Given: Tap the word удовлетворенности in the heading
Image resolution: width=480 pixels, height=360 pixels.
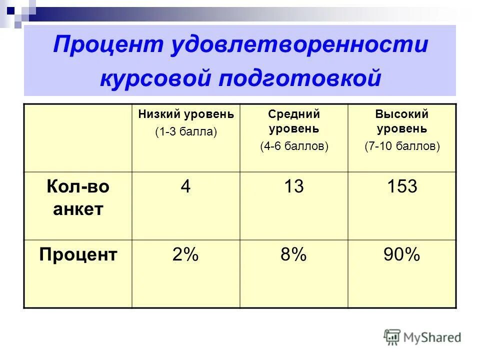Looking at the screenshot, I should click(x=299, y=45).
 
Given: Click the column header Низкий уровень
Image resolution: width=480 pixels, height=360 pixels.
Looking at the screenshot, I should click(x=186, y=114).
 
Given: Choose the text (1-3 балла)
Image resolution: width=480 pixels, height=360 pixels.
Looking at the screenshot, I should click(x=186, y=132).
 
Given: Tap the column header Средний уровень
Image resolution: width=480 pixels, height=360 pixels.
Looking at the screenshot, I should click(x=294, y=121).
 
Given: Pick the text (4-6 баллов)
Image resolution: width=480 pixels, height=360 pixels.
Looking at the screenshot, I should click(x=294, y=146).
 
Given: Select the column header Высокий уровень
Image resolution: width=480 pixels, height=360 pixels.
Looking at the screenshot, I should click(x=402, y=121).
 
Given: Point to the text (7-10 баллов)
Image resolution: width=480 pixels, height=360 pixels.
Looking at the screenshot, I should click(x=402, y=146).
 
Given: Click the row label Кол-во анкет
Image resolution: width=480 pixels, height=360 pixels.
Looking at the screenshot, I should click(x=77, y=198).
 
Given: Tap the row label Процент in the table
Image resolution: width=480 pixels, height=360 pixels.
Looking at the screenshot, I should click(x=78, y=255).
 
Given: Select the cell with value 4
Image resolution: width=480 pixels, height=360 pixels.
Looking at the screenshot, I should click(x=185, y=187).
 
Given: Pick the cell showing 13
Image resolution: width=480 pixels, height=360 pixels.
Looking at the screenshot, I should click(x=294, y=187).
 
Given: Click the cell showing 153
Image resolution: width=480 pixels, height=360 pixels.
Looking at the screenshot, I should click(x=402, y=187).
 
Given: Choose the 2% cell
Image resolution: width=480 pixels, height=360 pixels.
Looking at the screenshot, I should click(x=185, y=255).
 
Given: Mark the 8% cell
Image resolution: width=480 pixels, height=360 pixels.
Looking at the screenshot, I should click(x=293, y=255).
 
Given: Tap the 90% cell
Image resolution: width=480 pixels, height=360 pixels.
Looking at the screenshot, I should click(x=401, y=255).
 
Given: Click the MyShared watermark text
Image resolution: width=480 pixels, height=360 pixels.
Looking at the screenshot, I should click(x=432, y=337).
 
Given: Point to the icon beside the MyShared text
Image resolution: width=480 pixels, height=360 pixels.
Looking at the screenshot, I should click(x=392, y=336).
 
